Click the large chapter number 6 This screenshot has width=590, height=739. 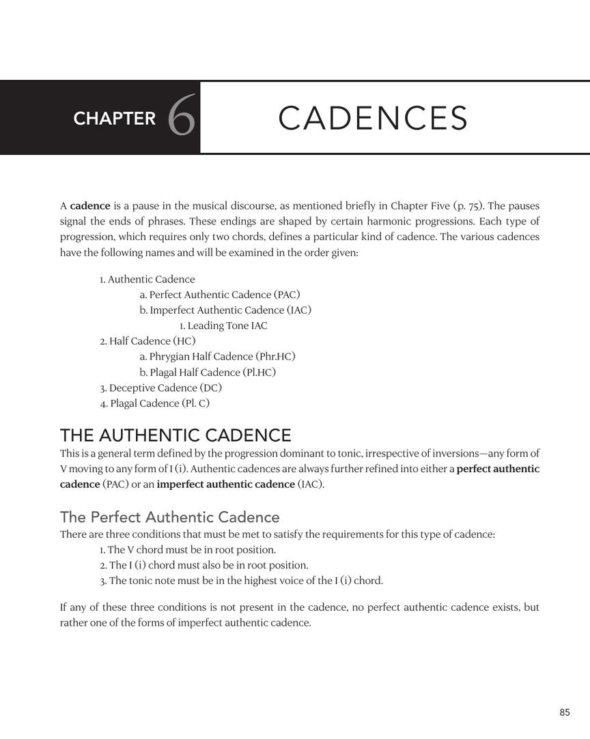click(x=182, y=117)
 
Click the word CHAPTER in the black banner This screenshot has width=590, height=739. click(x=115, y=119)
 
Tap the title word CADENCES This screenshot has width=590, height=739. click(x=373, y=118)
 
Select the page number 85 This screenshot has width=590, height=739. click(x=564, y=712)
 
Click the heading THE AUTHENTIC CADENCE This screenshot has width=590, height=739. click(x=175, y=435)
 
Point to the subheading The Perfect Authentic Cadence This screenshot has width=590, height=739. click(x=169, y=517)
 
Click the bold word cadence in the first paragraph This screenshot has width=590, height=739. click(x=90, y=205)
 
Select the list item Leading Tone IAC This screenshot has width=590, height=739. click(x=223, y=325)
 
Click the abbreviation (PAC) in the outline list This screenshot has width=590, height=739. click(x=287, y=295)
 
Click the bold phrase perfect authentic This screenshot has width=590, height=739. click(x=498, y=469)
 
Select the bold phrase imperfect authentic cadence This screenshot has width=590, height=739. click(x=226, y=484)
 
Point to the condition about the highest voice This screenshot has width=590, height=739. click(x=241, y=581)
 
